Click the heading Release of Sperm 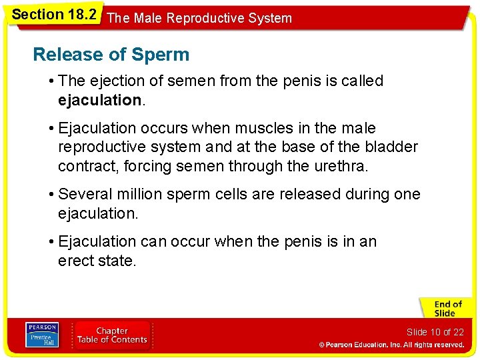coord(111,55)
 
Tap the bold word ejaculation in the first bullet coord(99,101)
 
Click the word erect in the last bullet coord(76,261)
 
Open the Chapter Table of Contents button coord(112,335)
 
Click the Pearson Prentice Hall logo coord(41,335)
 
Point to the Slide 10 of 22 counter coord(435,332)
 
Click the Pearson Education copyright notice coord(391,345)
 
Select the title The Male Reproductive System coord(199,18)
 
